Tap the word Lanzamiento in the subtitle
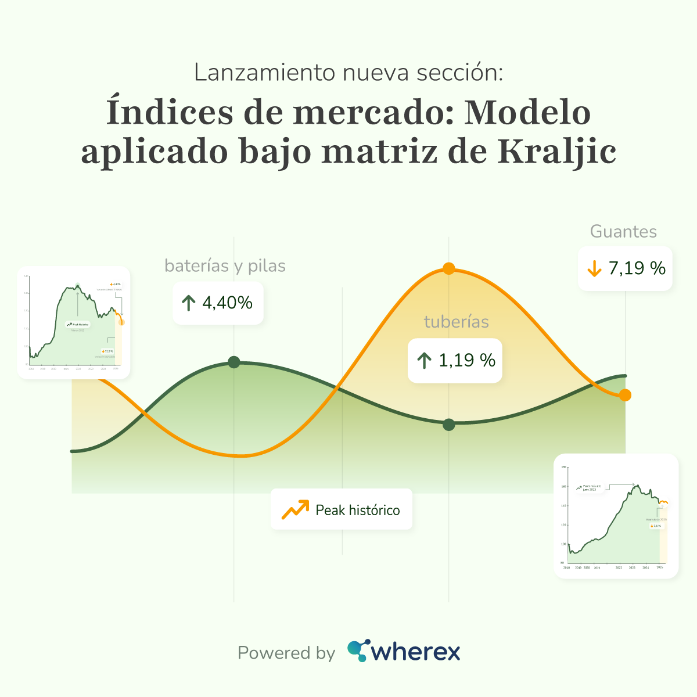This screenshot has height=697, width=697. (x=264, y=73)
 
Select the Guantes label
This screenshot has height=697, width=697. (x=623, y=232)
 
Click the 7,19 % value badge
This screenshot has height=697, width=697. (x=626, y=268)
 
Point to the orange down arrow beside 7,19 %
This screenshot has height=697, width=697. (x=594, y=268)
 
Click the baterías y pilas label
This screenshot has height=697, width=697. (x=225, y=266)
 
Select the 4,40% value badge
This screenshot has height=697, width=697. (x=218, y=303)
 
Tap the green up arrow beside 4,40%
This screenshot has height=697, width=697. (x=189, y=303)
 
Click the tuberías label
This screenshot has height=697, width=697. (x=456, y=322)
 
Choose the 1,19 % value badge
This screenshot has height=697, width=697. (x=455, y=360)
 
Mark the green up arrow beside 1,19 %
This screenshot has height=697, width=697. (x=424, y=361)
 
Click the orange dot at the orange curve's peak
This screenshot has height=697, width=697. (x=448, y=268)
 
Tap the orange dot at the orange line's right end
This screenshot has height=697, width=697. (x=625, y=395)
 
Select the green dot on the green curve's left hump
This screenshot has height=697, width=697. (x=234, y=362)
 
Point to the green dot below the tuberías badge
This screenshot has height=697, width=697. (x=448, y=425)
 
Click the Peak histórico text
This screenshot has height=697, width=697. (x=358, y=511)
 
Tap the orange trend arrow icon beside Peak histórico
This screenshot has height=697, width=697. (x=295, y=509)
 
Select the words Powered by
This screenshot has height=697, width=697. (x=286, y=653)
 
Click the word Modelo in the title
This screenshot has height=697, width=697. (x=527, y=112)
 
